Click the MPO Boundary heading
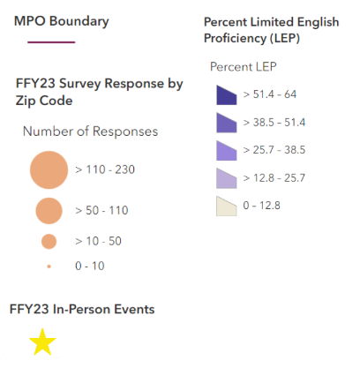(62, 20)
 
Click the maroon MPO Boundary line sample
(51, 41)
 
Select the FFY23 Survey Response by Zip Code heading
(99, 92)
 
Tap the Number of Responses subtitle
(90, 131)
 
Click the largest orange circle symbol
(49, 169)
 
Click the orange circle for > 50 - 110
(49, 210)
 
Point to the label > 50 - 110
(101, 210)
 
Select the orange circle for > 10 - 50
(49, 241)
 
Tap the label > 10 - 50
(98, 241)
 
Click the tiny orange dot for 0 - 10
(49, 265)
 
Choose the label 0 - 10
(91, 265)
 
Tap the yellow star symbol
(42, 342)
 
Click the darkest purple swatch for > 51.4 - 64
(227, 94)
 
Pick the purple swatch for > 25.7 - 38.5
(227, 151)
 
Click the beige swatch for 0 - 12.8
(227, 207)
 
